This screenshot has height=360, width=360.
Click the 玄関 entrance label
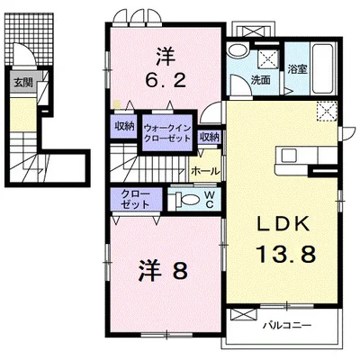click(x=22, y=85)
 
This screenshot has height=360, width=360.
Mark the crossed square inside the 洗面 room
click(x=267, y=58)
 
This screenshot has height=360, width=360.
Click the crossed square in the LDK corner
click(x=326, y=112)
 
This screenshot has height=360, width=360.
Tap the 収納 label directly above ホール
click(x=210, y=137)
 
